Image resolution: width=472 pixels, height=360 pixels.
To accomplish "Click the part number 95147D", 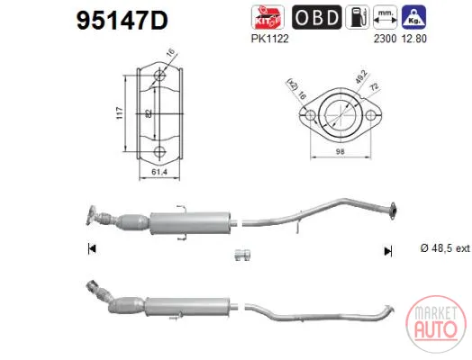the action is coord(123,21).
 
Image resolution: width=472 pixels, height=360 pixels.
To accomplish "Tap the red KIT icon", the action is coord(268,17).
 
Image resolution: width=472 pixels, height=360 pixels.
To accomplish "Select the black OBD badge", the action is coord(317,17).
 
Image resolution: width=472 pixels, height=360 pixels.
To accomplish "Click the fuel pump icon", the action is coord(358,17).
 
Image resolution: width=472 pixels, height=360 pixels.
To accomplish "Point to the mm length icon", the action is coord(385,17).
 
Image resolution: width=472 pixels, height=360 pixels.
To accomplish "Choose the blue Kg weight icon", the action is coord(414,17).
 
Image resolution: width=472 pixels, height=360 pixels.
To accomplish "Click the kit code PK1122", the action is coord(269,39).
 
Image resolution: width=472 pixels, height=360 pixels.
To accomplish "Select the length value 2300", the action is coord(385,39).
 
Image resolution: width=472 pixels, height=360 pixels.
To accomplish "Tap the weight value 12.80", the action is coord(414,39).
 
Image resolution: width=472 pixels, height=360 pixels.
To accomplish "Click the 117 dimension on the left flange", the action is coord(120,113).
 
